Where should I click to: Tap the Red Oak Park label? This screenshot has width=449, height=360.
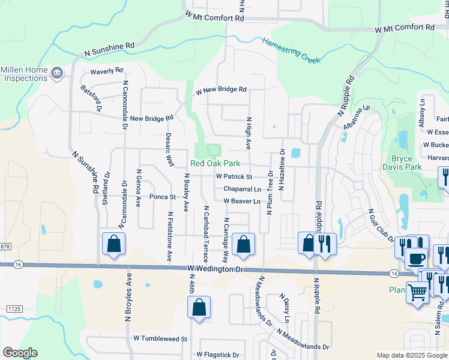[215, 163]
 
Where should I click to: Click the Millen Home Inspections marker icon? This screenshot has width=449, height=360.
[57, 73]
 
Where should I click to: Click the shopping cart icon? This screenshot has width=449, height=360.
[417, 293]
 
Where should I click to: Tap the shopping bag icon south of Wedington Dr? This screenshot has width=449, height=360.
[199, 307]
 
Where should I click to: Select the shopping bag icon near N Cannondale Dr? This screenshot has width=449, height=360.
[113, 244]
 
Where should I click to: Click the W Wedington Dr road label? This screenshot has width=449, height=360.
[215, 270]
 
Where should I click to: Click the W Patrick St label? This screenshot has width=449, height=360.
[234, 177]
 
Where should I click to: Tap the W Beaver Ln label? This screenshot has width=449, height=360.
[242, 201]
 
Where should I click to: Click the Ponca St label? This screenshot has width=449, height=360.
[162, 196]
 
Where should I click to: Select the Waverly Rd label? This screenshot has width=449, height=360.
[106, 71]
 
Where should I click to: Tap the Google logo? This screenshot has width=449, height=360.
[20, 353]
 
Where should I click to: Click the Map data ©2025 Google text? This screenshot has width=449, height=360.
[411, 355]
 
